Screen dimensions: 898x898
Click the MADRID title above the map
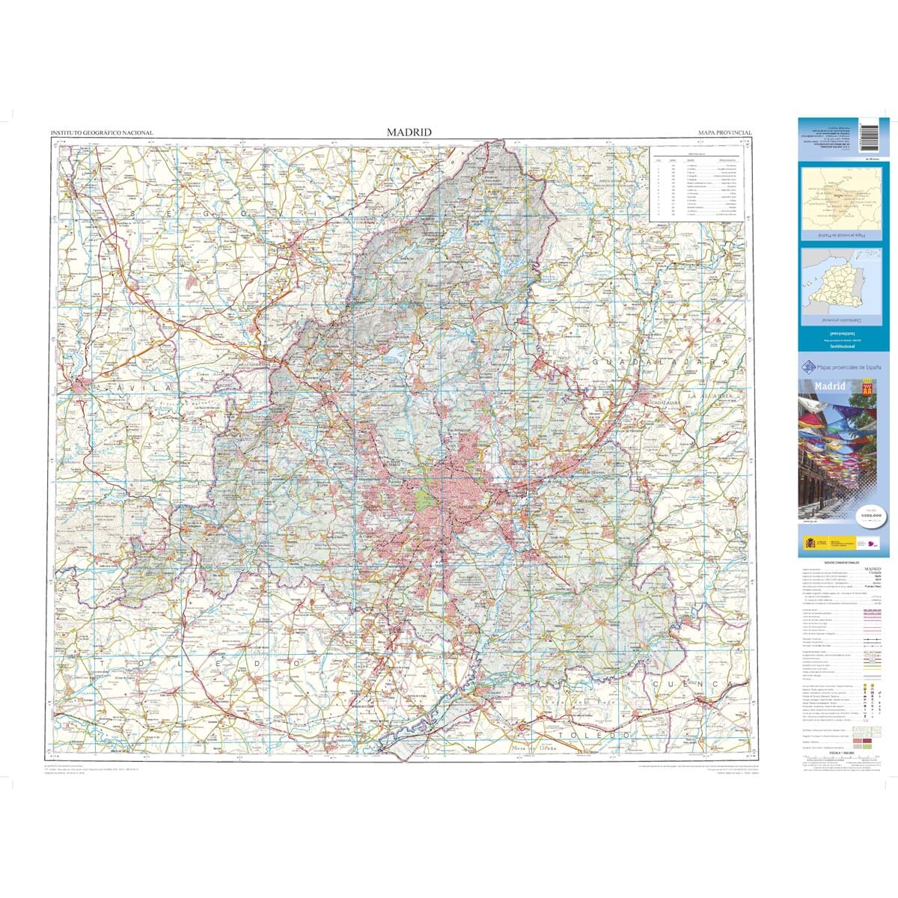point(409,132)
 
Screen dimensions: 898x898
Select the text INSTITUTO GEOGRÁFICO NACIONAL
point(101,133)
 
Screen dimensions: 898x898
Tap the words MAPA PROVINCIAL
point(724,132)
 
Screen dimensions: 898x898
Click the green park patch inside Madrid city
point(424,497)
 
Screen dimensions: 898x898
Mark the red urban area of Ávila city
point(81,386)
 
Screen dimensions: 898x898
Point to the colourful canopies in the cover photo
point(831,434)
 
